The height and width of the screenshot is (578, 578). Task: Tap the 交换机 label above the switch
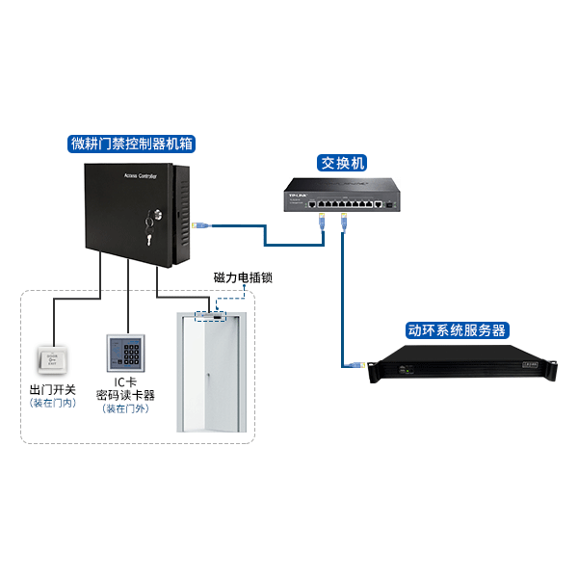coord(344,163)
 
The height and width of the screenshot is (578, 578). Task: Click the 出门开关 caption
coord(53,390)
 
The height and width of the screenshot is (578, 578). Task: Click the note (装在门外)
coord(125,408)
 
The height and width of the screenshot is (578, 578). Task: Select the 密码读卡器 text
coord(125,395)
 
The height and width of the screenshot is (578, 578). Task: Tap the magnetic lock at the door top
coord(208,314)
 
